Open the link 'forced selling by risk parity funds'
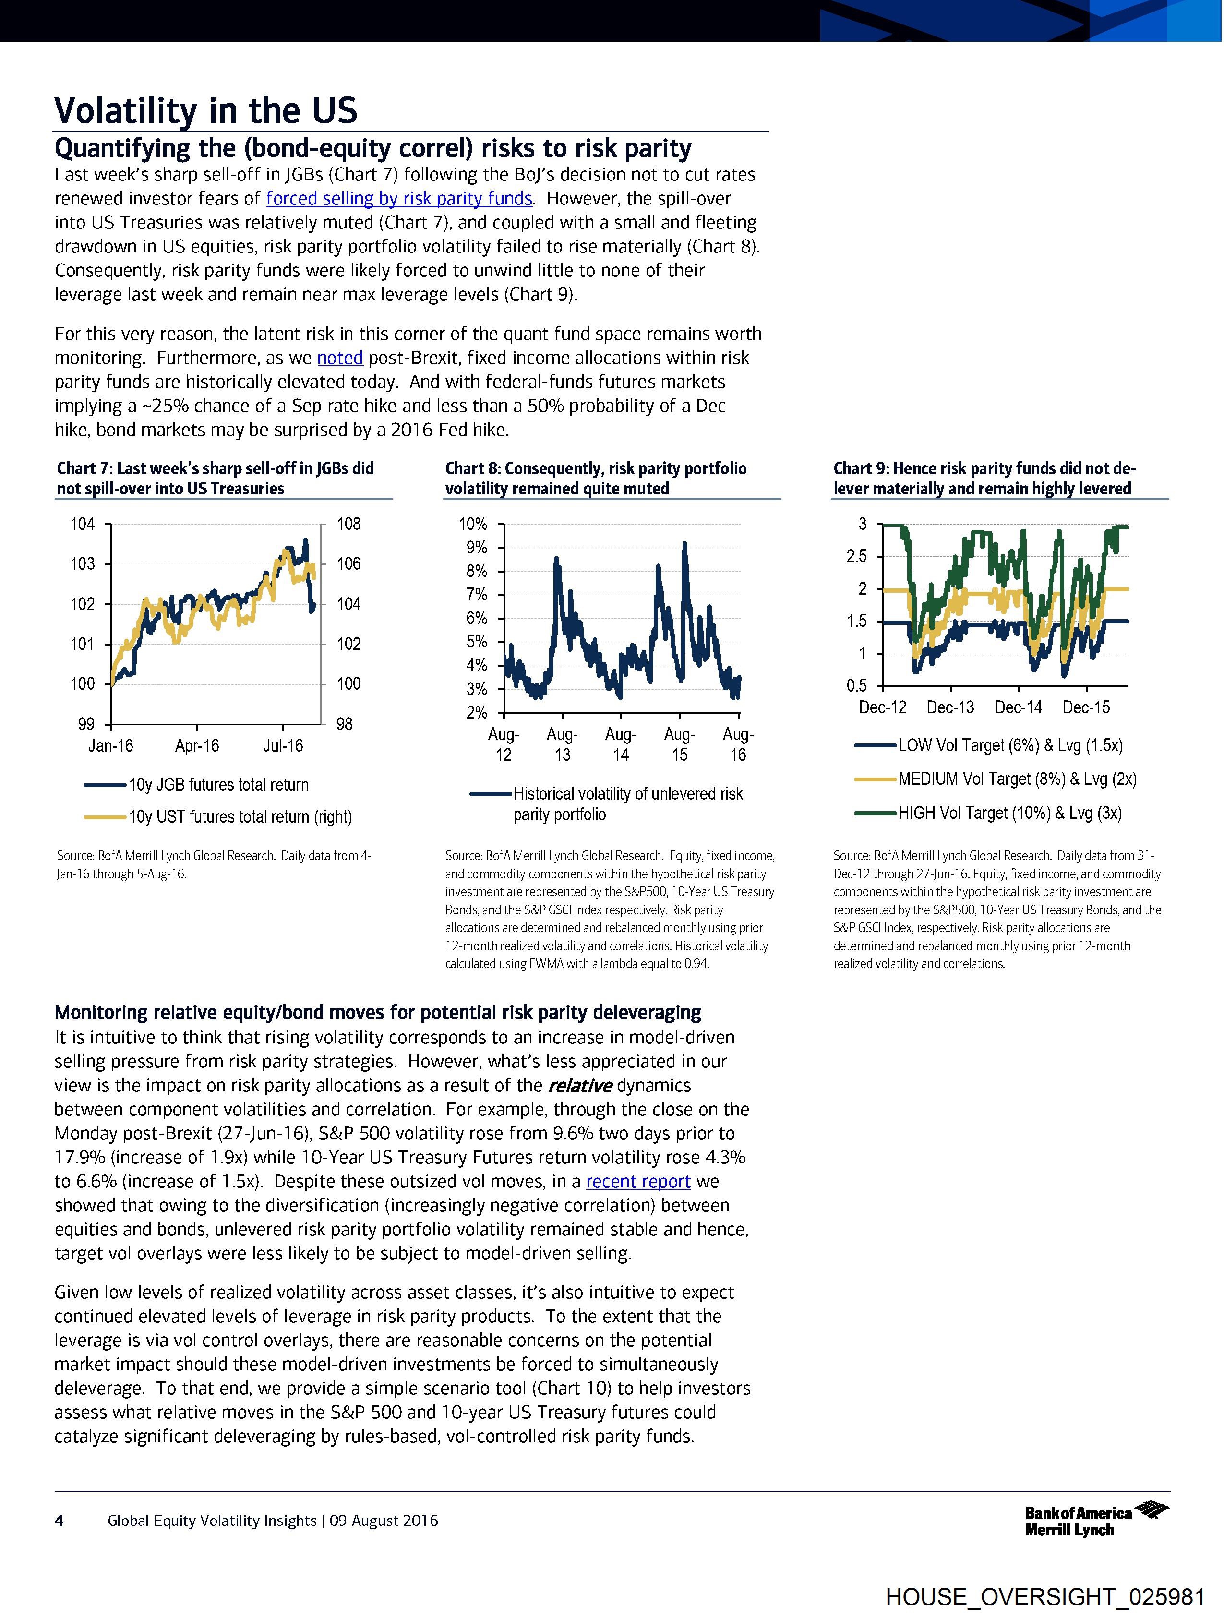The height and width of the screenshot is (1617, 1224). [398, 199]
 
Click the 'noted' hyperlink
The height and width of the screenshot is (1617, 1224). [340, 358]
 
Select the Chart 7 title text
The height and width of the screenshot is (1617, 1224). [215, 479]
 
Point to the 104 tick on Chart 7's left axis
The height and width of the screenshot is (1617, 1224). [83, 524]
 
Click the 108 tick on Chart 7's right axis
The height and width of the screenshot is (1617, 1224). [349, 524]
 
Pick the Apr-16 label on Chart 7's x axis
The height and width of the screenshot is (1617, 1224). [197, 746]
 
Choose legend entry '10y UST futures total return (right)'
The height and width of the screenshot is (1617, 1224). [240, 817]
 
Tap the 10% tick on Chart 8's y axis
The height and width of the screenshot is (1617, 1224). [472, 524]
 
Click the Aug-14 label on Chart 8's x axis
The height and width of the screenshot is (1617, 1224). [620, 744]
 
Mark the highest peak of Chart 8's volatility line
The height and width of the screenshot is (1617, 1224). [684, 543]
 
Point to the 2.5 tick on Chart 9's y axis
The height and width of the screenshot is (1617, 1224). [856, 556]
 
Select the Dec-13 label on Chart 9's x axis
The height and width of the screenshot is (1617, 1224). [950, 707]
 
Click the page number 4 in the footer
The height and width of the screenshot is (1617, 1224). [59, 1521]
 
